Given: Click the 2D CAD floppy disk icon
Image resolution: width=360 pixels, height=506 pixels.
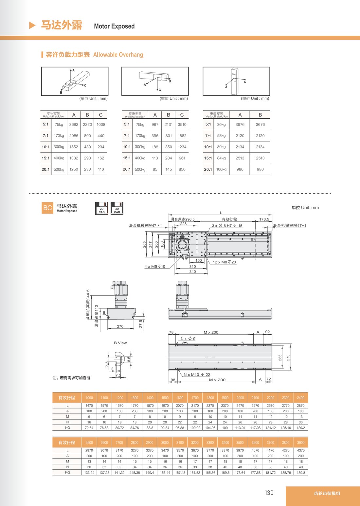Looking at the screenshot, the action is (101, 208).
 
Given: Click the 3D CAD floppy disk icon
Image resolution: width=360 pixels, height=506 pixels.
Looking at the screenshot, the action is (117, 208).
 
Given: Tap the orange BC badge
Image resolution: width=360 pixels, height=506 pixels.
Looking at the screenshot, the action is (47, 208).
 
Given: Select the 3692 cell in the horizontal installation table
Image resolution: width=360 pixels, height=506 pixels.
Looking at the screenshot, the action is (74, 124).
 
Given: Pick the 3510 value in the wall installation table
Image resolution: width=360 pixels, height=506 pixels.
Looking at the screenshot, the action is (182, 124).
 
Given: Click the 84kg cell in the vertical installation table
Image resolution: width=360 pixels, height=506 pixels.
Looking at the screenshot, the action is (221, 158).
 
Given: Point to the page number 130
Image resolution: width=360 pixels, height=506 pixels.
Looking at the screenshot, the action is (269, 493).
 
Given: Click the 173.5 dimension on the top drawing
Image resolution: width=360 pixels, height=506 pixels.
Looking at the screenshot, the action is (264, 219).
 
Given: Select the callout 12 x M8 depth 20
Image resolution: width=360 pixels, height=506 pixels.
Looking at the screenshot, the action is (224, 262).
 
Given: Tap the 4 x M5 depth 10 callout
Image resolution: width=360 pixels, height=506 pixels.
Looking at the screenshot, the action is (155, 267).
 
